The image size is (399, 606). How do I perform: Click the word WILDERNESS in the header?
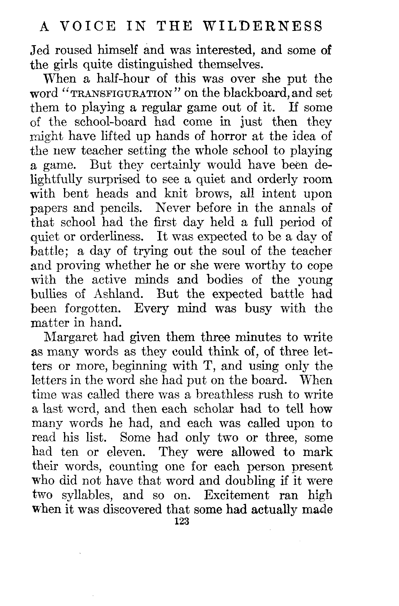pos(263,27)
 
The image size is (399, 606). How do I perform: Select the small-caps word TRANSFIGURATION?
pos(121,94)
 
